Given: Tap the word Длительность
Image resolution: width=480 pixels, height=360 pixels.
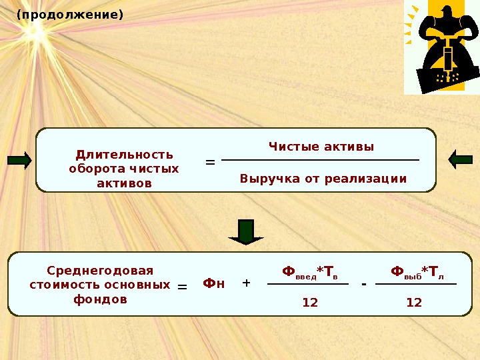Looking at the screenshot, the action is pyautogui.click(x=124, y=155).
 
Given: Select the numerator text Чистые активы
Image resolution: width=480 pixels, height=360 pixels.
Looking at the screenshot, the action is pyautogui.click(x=321, y=147).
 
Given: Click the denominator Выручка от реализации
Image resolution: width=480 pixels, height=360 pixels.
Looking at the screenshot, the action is pyautogui.click(x=323, y=179).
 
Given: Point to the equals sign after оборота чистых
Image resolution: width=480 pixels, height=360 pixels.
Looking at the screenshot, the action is pyautogui.click(x=210, y=162).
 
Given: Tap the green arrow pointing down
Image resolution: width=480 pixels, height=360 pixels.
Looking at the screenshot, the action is pyautogui.click(x=246, y=231).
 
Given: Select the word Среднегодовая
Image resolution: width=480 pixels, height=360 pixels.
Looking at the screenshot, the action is pyautogui.click(x=100, y=271).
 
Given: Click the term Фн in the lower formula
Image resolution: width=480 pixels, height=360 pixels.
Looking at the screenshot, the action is pyautogui.click(x=213, y=283).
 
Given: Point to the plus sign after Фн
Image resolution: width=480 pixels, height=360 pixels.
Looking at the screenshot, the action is pyautogui.click(x=246, y=283).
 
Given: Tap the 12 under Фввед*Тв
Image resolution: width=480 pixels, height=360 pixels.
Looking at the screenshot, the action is pyautogui.click(x=310, y=303).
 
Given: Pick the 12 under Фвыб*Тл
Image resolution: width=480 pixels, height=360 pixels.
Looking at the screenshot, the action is pyautogui.click(x=414, y=303).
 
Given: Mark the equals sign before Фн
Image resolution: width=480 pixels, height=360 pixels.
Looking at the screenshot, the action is pyautogui.click(x=182, y=287).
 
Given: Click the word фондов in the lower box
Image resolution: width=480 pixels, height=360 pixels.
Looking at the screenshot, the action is pyautogui.click(x=100, y=299).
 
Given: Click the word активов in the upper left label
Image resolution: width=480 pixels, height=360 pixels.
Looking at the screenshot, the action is pyautogui.click(x=124, y=183).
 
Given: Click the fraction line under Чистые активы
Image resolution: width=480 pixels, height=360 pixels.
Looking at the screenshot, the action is pyautogui.click(x=320, y=160).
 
